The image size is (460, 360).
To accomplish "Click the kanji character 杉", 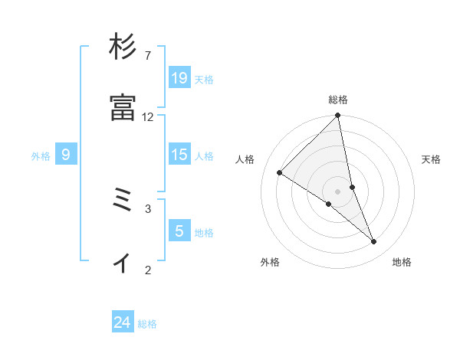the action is click(123, 47).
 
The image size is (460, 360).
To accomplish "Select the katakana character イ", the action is click(123, 262).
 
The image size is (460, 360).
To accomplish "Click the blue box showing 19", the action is click(179, 77).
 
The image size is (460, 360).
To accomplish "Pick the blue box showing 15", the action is click(179, 155).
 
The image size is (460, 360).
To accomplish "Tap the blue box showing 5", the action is click(179, 231).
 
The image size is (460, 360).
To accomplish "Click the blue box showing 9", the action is click(66, 155).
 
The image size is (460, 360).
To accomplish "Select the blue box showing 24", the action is click(123, 322).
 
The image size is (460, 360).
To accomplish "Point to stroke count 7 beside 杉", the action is click(147, 56).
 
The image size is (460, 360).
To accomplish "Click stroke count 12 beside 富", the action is click(147, 117).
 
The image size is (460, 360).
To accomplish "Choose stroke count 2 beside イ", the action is click(147, 270).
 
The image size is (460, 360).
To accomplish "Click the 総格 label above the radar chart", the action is click(338, 100).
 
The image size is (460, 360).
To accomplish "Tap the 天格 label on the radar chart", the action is click(431, 159).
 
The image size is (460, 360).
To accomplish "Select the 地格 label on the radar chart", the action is click(402, 263).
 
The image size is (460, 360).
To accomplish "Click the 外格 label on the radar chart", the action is click(270, 263).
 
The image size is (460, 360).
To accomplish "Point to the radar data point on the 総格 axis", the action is click(338, 116).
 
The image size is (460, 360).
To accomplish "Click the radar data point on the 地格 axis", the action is click(374, 242).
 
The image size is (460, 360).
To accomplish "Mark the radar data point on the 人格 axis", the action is click(280, 172).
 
